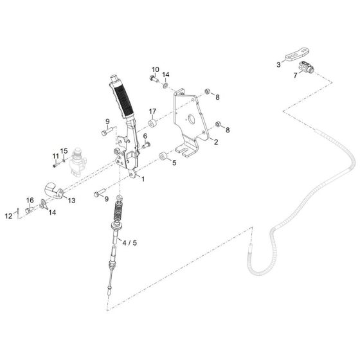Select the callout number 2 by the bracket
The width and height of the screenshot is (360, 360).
coord(215,143)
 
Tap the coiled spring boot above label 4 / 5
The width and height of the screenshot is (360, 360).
coord(119,213)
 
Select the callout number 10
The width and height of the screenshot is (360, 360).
coord(155,69)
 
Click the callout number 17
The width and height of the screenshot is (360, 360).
coord(153,111)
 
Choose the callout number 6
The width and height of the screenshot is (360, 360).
coord(145,136)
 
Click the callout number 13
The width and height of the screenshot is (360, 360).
coord(71,201)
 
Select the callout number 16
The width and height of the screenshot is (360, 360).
coord(30,201)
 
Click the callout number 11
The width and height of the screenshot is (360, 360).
coord(55,155)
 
